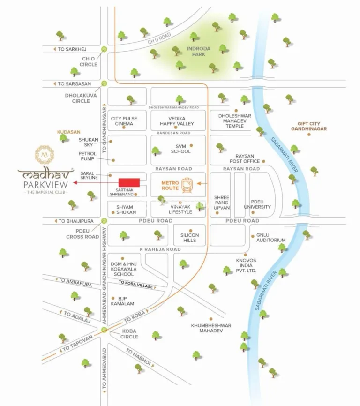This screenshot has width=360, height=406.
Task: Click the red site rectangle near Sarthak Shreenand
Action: point(129,182)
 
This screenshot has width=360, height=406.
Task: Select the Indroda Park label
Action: point(199,51)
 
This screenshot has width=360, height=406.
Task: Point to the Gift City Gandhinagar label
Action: point(308,126)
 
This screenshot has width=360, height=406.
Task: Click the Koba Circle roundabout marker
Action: point(104,331)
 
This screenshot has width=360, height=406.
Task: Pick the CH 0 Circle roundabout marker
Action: point(104,49)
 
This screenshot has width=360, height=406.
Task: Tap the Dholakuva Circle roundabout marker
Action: point(104,83)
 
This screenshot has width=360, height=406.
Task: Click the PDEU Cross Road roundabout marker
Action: point(104,220)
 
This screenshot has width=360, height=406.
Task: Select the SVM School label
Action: point(180,149)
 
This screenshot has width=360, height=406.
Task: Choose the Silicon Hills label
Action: point(190,238)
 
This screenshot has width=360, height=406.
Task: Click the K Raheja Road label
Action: point(159,249)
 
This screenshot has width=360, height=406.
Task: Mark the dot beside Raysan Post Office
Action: point(264,161)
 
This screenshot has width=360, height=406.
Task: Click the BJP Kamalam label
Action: point(122,301)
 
